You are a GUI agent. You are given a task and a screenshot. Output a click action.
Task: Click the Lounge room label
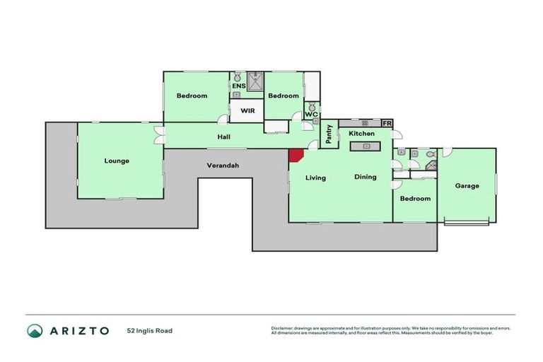click(x=117, y=161)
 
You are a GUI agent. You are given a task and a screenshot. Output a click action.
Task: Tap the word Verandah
click(x=222, y=165)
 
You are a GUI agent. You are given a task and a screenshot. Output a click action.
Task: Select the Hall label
click(x=223, y=137)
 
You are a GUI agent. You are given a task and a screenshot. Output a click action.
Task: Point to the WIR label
click(x=247, y=111)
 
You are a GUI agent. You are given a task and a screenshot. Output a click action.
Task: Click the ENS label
click(x=238, y=86)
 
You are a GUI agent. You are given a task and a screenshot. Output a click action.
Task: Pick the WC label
click(x=312, y=115)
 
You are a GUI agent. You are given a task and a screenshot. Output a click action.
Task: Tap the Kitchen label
click(x=361, y=133)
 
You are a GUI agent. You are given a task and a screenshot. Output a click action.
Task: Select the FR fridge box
click(x=387, y=124)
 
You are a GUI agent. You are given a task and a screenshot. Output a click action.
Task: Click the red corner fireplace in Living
click(x=294, y=156)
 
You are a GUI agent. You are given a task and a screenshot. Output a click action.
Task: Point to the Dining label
click(x=366, y=177)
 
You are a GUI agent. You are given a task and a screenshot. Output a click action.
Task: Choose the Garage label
click(x=467, y=186)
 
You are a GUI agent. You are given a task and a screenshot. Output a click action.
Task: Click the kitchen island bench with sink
click(x=366, y=146)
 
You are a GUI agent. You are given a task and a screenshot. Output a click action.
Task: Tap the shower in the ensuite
click(x=255, y=81)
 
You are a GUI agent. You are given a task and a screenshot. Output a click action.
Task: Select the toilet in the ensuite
click(x=238, y=76)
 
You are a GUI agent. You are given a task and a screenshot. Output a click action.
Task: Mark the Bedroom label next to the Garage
click(x=415, y=199)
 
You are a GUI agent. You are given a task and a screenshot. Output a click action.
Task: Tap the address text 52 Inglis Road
click(x=149, y=331)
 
